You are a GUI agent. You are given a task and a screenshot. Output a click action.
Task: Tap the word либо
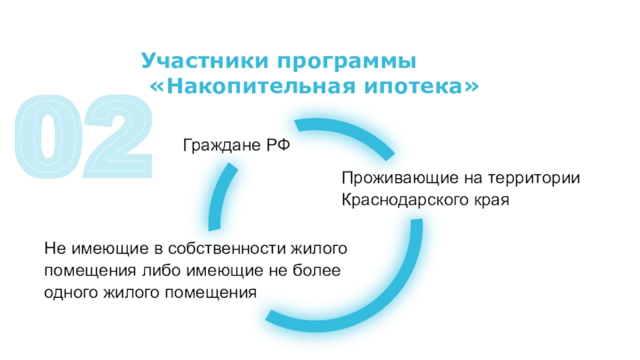[166, 271]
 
